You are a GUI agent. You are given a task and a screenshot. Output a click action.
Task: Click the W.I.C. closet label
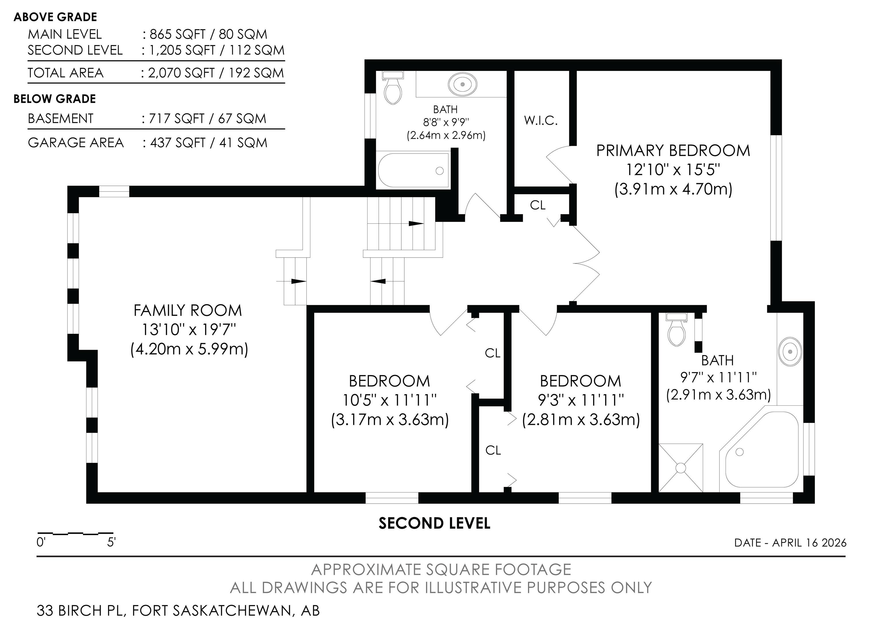coord(541,121)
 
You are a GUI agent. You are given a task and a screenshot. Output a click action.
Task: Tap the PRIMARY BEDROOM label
coord(673,150)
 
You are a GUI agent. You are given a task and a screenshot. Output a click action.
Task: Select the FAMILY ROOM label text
coord(188,310)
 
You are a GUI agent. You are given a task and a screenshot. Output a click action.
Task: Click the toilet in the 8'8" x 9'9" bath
coord(392,88)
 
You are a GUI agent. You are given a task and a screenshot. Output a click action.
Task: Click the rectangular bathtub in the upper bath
coord(414,171)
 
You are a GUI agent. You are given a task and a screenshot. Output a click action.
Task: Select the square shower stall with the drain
coord(681,468)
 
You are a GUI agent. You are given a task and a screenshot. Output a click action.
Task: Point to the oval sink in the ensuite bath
coord(790,351)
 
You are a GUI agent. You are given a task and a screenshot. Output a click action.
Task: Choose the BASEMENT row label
coord(61,118)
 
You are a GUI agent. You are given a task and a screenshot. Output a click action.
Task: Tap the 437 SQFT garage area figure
coord(178,143)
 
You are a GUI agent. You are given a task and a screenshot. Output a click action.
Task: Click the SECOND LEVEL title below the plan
coord(434,523)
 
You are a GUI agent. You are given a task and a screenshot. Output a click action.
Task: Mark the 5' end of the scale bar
coord(113,533)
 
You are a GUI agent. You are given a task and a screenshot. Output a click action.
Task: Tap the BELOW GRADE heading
coord(55,99)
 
